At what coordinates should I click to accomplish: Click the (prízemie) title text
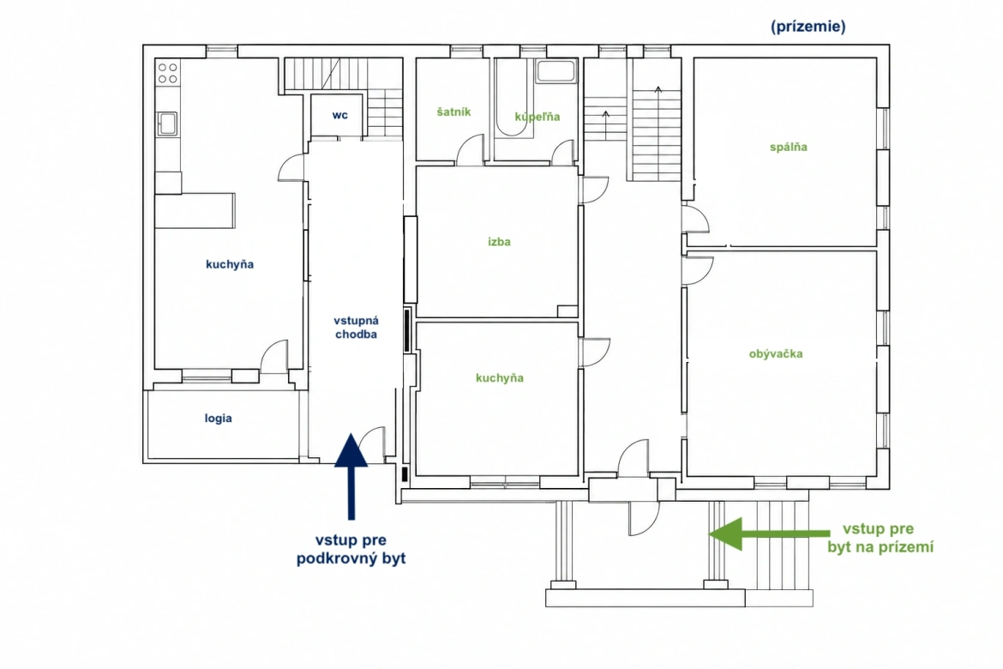pyautogui.click(x=808, y=27)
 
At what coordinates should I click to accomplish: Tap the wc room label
pyautogui.click(x=339, y=115)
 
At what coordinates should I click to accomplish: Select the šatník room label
pyautogui.click(x=453, y=112)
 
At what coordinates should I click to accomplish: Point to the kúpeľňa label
pyautogui.click(x=538, y=117)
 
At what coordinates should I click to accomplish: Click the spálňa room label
pyautogui.click(x=788, y=148)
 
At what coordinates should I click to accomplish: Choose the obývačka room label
pyautogui.click(x=776, y=353)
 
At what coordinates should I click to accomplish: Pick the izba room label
pyautogui.click(x=499, y=242)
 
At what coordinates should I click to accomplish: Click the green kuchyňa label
pyautogui.click(x=500, y=378)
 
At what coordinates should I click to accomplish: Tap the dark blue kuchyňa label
pyautogui.click(x=230, y=264)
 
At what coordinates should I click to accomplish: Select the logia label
pyautogui.click(x=218, y=419)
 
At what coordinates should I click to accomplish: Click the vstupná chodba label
pyautogui.click(x=357, y=327)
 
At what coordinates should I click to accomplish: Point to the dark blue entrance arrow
pyautogui.click(x=351, y=476)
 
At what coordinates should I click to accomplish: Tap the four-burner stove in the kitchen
pyautogui.click(x=168, y=72)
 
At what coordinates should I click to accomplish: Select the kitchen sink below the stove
pyautogui.click(x=167, y=124)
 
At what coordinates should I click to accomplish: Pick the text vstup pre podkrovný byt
pyautogui.click(x=351, y=549)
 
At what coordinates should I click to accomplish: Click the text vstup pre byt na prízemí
pyautogui.click(x=880, y=538)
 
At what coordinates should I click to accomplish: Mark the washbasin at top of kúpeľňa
pyautogui.click(x=556, y=71)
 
